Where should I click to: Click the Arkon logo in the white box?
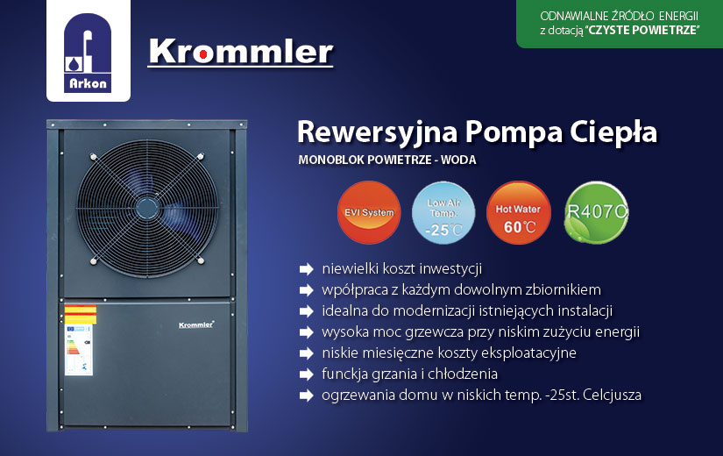(88, 53)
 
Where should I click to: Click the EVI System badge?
(369, 212)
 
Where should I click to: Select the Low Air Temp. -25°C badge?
(443, 213)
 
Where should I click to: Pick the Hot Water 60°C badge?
(518, 213)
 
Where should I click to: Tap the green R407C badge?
(596, 212)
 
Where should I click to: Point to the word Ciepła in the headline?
(613, 132)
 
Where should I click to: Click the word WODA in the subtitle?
(458, 160)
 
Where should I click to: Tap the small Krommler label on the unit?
(196, 325)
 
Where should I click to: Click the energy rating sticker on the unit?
(79, 350)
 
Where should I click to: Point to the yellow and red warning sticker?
(81, 314)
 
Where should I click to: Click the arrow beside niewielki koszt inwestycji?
(306, 269)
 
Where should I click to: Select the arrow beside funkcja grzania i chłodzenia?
(306, 374)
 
